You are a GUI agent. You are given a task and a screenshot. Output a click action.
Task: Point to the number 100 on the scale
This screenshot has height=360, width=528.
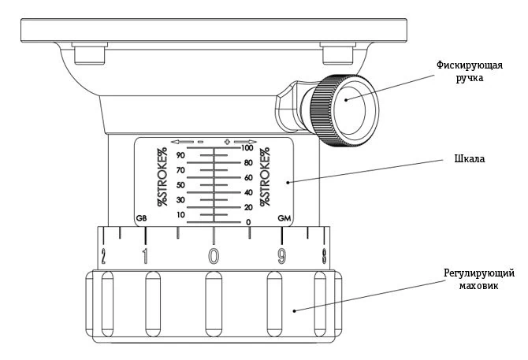247,148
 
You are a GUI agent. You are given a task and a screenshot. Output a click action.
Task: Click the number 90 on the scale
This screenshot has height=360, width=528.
180,155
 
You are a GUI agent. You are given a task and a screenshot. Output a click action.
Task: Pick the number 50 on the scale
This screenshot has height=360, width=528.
180,185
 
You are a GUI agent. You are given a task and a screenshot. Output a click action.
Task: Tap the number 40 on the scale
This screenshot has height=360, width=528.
247,193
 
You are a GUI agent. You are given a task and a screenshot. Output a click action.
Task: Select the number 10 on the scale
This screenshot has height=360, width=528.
180,215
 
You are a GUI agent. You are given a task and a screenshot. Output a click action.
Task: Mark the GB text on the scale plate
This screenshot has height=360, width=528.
142,218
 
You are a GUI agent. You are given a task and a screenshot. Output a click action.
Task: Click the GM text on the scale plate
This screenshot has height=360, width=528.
283,218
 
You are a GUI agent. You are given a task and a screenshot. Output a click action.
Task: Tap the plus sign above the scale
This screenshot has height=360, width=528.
227,142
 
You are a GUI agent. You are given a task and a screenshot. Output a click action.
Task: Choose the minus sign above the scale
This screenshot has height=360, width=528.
200,142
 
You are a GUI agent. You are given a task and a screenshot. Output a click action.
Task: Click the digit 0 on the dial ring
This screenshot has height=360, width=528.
214,255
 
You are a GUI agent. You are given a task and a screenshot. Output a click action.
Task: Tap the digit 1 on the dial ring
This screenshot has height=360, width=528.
144,255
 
